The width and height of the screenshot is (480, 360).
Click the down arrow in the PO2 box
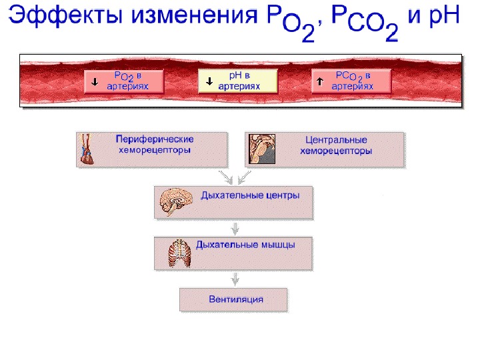click(x=95, y=81)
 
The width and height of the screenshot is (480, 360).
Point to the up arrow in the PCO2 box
click(x=319, y=81)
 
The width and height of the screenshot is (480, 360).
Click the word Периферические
click(x=155, y=140)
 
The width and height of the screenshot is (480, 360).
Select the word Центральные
click(x=336, y=141)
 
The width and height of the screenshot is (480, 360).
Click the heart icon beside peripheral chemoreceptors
click(x=86, y=149)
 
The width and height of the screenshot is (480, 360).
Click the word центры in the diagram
click(x=279, y=196)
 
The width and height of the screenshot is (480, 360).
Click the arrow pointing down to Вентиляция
click(x=234, y=279)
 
